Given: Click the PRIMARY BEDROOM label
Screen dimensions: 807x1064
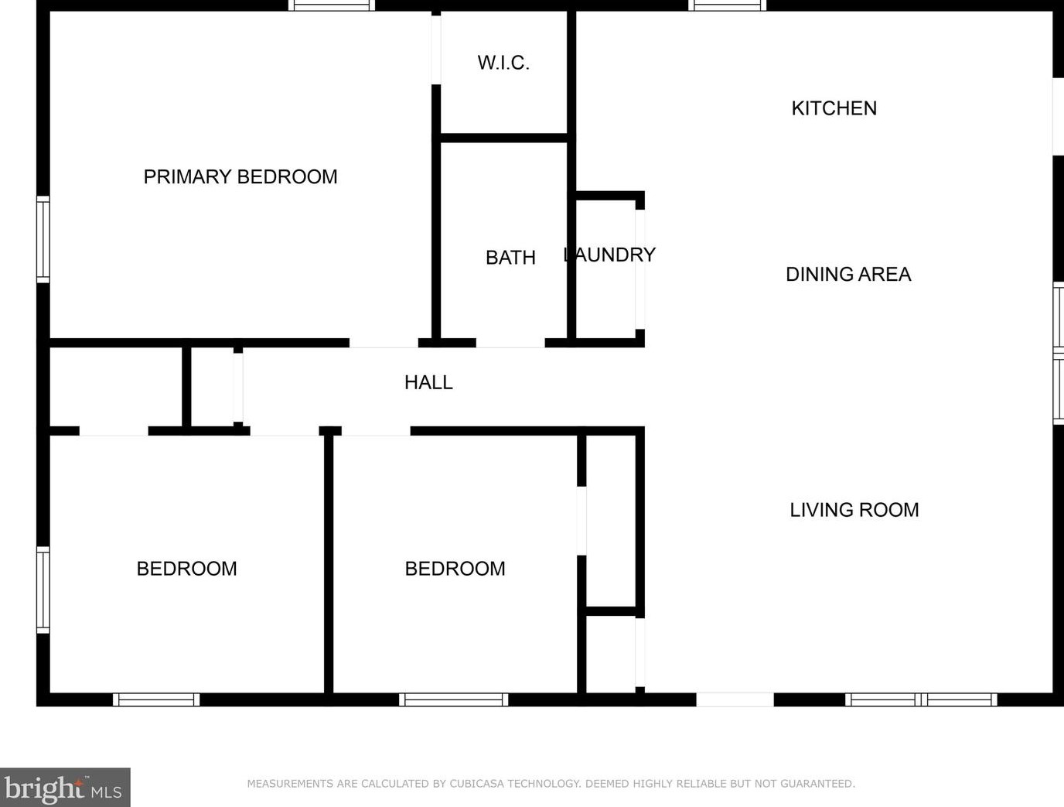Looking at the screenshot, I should [x=240, y=177].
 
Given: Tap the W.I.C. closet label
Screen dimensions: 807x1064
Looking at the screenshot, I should [x=503, y=63].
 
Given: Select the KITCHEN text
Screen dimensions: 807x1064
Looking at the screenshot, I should [x=834, y=108].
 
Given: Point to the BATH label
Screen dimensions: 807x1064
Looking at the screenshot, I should [x=510, y=258].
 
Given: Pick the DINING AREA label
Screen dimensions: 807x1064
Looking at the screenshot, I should [x=848, y=274].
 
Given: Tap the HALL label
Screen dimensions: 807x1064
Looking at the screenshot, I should [x=428, y=382].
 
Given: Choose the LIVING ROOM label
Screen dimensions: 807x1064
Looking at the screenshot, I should [x=854, y=510].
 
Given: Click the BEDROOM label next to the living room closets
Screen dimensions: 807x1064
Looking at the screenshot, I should [x=455, y=569].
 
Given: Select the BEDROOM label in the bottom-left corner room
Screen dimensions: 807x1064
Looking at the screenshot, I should [x=186, y=569].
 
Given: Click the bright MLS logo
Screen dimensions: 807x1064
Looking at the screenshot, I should [x=64, y=788].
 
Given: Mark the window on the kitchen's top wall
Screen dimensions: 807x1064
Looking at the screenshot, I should [x=727, y=5].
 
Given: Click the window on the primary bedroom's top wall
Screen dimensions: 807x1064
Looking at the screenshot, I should [x=332, y=5].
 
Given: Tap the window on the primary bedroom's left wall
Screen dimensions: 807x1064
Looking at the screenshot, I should [x=43, y=239].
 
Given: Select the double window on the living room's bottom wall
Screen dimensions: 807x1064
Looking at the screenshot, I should [x=920, y=699].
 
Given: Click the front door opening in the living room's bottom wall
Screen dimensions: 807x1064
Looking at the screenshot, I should [x=735, y=699].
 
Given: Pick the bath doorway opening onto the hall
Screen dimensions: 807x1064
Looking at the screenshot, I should [x=510, y=343].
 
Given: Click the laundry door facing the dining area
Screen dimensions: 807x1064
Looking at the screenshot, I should [x=639, y=268].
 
